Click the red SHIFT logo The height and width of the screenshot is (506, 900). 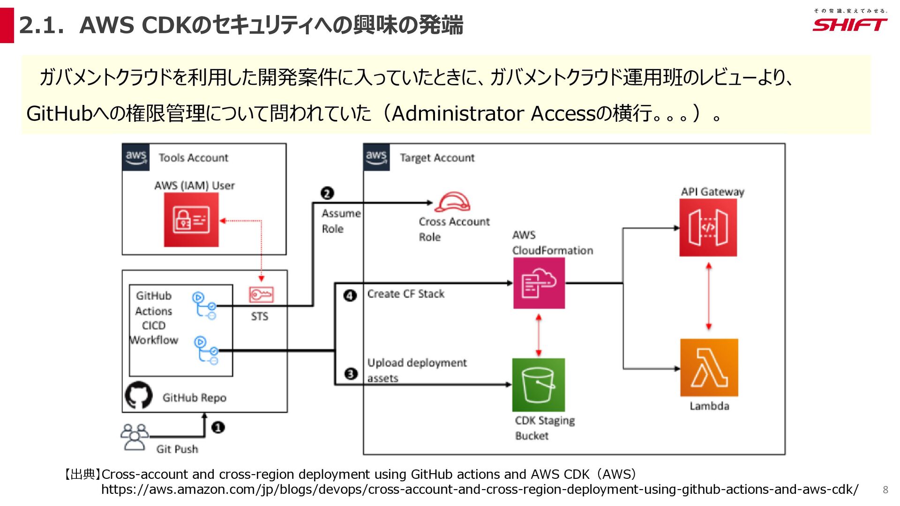849,24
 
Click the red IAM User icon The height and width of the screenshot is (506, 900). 191,220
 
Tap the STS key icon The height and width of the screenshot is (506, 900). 261,295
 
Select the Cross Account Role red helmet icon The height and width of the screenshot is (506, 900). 452,202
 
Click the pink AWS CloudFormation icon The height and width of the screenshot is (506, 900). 539,283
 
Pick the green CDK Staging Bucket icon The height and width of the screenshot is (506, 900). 538,385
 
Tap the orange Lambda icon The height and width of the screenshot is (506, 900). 709,368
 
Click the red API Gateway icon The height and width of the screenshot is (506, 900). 708,228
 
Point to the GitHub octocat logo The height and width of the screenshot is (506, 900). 139,395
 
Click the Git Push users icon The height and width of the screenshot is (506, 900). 135,437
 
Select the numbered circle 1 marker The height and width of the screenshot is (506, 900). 218,427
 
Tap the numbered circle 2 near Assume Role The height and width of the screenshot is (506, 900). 327,193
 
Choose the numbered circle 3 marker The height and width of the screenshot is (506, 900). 351,374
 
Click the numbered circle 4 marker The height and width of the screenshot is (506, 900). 350,296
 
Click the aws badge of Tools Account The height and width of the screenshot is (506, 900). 136,157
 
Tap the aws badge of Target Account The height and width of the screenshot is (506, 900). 376,157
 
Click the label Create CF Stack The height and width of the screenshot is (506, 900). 405,294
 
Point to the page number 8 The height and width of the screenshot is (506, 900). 885,490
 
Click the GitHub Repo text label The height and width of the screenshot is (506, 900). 194,398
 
